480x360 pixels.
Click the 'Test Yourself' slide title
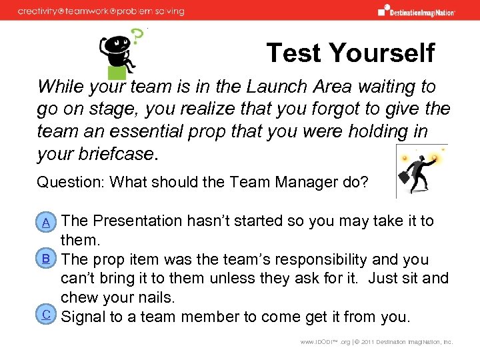click(350, 53)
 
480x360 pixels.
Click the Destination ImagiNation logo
click(417, 10)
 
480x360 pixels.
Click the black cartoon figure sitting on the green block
click(118, 53)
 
